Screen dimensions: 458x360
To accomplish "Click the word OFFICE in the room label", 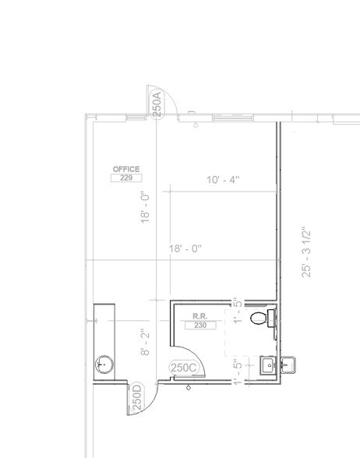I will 125,169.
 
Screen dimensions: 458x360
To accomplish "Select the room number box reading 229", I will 125,178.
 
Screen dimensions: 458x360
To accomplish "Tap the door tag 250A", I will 157,104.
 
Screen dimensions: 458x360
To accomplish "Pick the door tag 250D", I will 136,398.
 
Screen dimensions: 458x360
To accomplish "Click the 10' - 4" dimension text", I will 223,180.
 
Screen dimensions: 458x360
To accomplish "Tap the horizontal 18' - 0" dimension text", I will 185,249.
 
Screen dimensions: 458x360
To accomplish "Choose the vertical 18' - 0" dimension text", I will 145,208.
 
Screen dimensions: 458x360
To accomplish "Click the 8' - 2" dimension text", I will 145,342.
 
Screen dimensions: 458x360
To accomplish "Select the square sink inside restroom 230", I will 268,365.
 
